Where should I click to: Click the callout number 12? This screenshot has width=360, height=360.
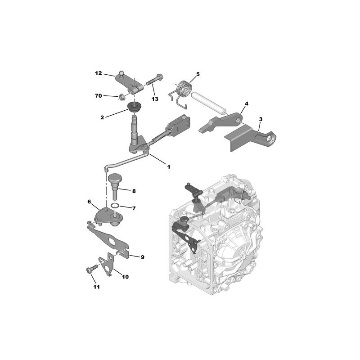pos(98,73)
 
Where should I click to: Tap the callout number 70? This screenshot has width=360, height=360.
pos(98,95)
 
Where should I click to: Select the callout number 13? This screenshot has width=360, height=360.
pos(155,99)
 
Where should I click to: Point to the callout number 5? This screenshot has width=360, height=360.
pos(198,74)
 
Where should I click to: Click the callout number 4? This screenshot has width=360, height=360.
pos(246,103)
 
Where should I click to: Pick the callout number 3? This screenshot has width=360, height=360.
pos(261,119)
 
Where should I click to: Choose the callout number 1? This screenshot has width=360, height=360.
pos(168,167)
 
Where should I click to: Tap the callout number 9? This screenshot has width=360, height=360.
pos(142,257)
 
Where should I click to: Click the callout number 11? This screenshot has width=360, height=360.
pos(96,287)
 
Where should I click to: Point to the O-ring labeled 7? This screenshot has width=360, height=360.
pos(115,205)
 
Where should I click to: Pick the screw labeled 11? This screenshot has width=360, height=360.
pos(92,269)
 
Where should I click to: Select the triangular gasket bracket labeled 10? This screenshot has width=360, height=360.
pos(106,264)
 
